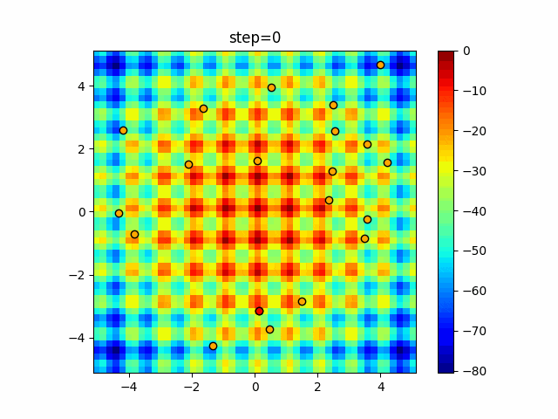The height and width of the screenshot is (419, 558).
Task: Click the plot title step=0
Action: point(255,38)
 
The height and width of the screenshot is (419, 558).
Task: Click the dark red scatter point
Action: point(259,311)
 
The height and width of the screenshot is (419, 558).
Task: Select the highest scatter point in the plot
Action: point(380,65)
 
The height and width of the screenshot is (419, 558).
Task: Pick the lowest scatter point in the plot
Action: point(213,346)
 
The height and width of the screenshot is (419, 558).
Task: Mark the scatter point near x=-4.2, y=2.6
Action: point(123,130)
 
